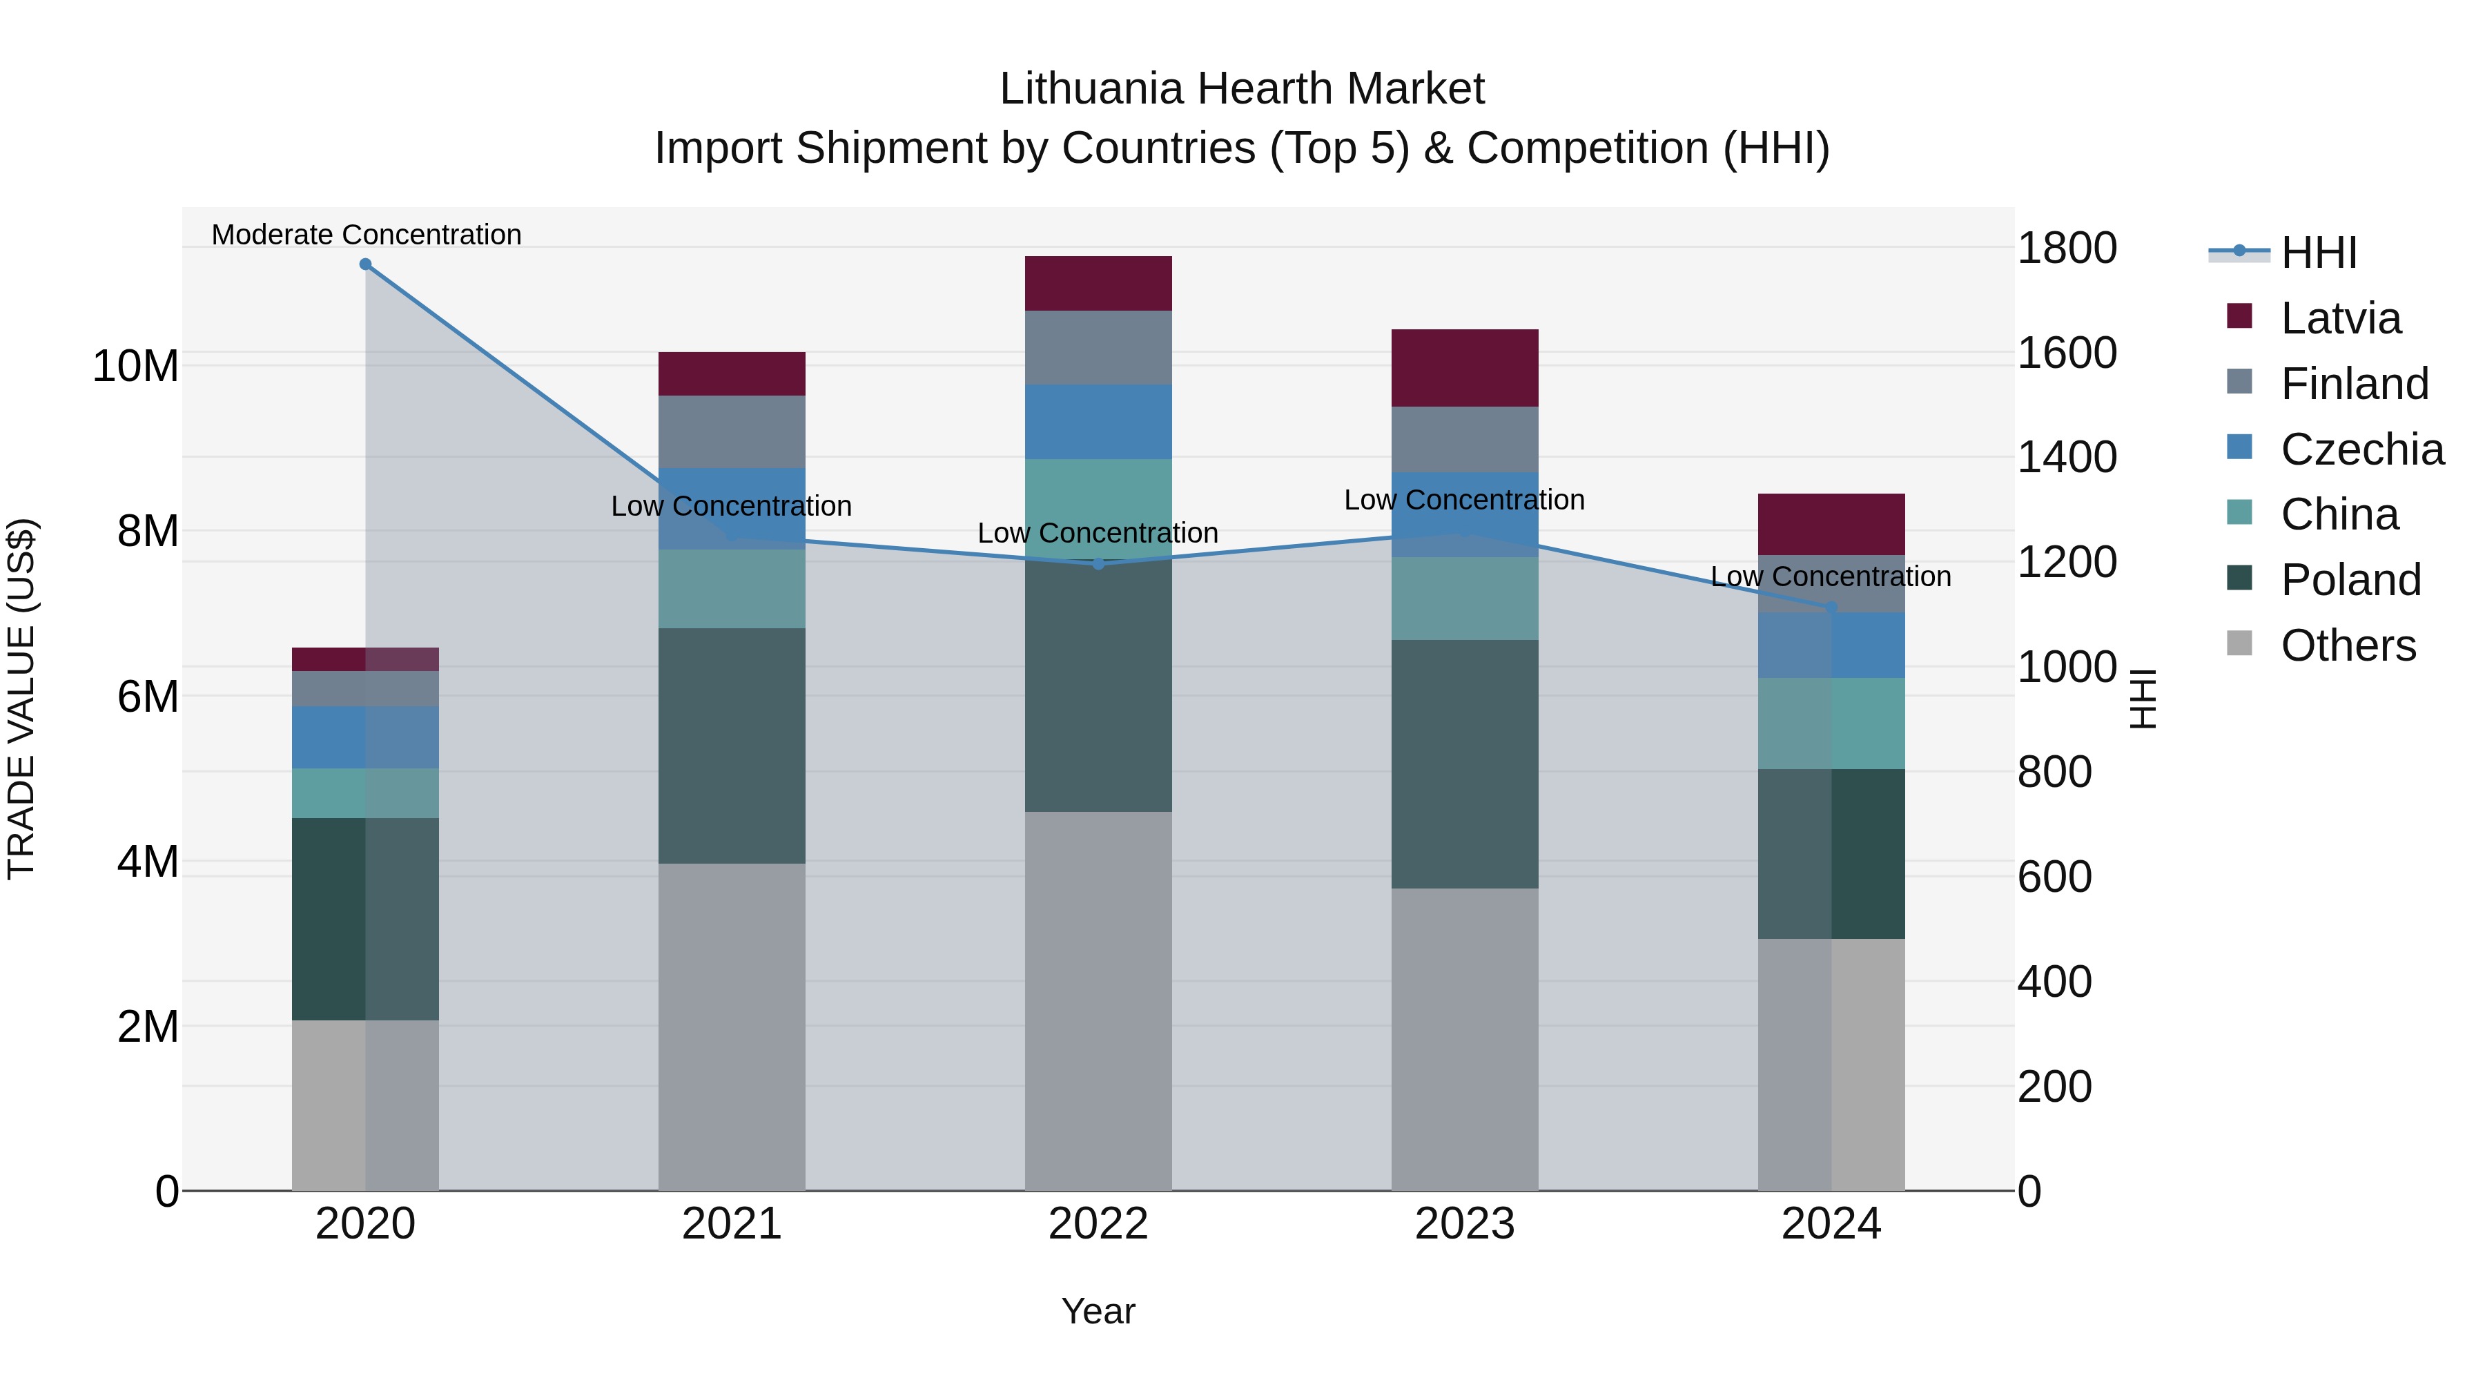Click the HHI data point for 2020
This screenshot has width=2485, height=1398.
pyautogui.click(x=366, y=264)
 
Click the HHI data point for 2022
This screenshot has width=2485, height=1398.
pyautogui.click(x=1098, y=563)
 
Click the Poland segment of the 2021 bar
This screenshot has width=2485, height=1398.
pyautogui.click(x=731, y=745)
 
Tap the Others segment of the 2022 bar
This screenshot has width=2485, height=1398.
pyautogui.click(x=1098, y=1000)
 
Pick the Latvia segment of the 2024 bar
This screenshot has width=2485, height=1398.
pyautogui.click(x=1831, y=524)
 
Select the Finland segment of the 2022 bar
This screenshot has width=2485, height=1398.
pyautogui.click(x=1098, y=347)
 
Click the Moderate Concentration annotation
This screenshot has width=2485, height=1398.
pyautogui.click(x=366, y=235)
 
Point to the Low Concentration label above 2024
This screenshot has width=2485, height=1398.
pyautogui.click(x=1830, y=576)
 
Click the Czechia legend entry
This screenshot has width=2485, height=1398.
pyautogui.click(x=2361, y=449)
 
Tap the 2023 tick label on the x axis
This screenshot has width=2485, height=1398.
pyautogui.click(x=1464, y=1224)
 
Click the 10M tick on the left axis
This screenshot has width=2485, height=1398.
pyautogui.click(x=135, y=367)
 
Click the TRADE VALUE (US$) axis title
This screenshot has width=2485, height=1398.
pyautogui.click(x=21, y=699)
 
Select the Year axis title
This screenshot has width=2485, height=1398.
pyautogui.click(x=1098, y=1311)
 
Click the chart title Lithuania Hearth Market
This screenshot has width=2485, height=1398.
pyautogui.click(x=1242, y=89)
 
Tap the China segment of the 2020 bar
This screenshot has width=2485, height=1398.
pyautogui.click(x=366, y=793)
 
